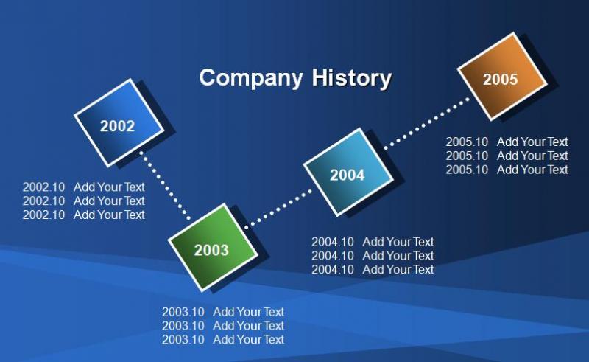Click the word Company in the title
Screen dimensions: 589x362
[x=250, y=78]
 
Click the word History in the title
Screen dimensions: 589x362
[x=352, y=78]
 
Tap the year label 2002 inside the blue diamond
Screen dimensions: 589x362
[x=117, y=126]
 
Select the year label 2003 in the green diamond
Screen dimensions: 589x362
[x=211, y=250]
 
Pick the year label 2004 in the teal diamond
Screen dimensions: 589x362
[x=347, y=175]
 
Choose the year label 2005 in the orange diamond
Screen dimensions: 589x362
[x=501, y=80]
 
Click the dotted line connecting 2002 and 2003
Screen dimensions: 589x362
[x=165, y=186]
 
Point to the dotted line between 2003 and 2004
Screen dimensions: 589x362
[x=278, y=208]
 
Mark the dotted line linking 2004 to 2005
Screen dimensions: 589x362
[x=427, y=123]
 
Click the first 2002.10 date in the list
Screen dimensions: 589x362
[x=43, y=187]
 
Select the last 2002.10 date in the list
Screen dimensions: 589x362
[x=43, y=215]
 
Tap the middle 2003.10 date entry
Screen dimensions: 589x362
[x=183, y=326]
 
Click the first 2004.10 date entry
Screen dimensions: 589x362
[x=333, y=242]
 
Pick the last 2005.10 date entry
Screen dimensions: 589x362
[x=467, y=170]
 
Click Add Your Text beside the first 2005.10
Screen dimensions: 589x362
[x=532, y=142]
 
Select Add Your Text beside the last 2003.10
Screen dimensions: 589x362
[x=248, y=340]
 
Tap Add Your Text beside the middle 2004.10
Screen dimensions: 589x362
[x=398, y=256]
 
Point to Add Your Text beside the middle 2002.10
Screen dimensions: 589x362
[x=109, y=201]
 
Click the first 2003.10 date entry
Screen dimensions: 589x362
[x=183, y=312]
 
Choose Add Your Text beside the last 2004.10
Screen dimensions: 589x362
[x=398, y=270]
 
